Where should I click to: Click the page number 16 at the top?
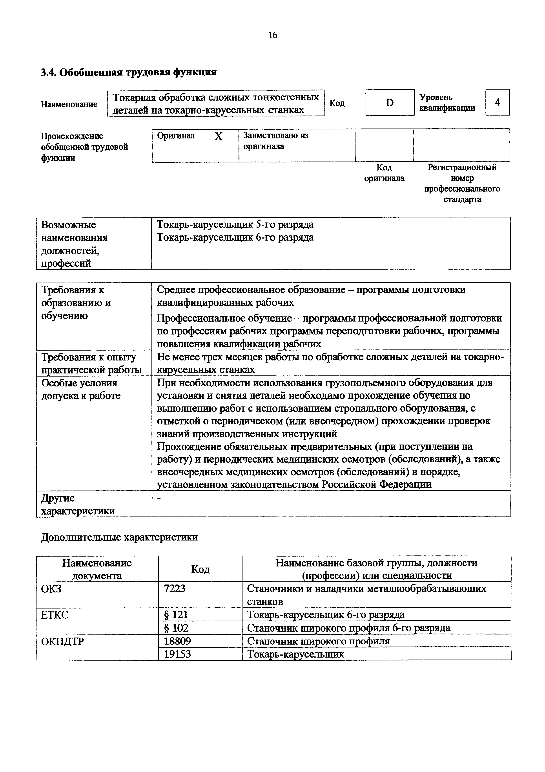273,35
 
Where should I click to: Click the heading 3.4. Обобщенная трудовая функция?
129,72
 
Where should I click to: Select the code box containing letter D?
390,103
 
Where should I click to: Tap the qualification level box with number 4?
497,102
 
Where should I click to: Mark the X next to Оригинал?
219,136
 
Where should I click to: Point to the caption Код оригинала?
384,173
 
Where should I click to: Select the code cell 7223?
175,588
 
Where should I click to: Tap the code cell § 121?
176,615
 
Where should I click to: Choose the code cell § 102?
176,628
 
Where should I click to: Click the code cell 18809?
177,641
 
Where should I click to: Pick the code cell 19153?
177,654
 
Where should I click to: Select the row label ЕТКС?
55,615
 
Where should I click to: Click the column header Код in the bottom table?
200,569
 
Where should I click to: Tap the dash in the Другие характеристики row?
159,499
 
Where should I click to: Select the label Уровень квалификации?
447,103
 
